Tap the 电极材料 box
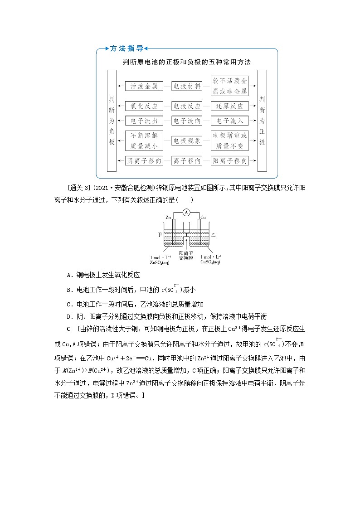click(x=186, y=86)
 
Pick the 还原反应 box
click(x=230, y=106)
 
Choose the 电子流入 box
click(x=230, y=121)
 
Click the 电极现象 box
click(x=186, y=141)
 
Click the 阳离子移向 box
click(x=230, y=160)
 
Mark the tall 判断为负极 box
click(x=112, y=121)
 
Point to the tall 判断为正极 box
click(x=262, y=121)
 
